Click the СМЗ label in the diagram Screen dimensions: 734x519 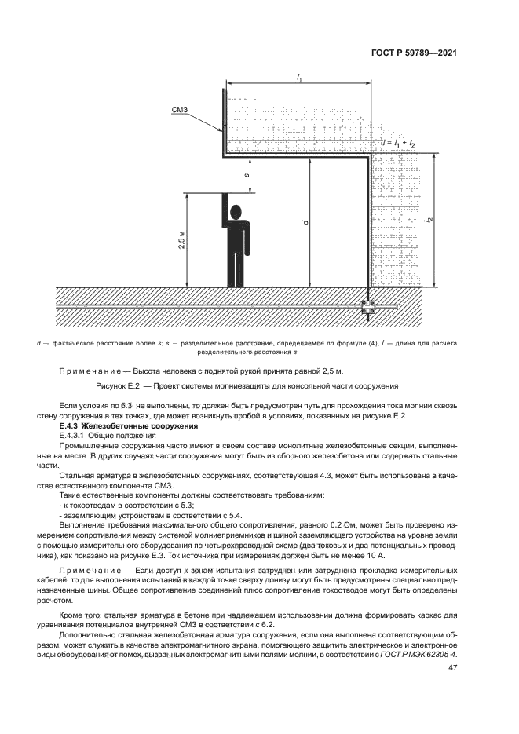178,111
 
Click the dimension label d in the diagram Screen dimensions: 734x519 305,222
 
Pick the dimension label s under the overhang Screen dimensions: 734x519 249,176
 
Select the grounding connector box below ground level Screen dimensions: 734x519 368,307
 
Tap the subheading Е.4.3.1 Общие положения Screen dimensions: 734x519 109,434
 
